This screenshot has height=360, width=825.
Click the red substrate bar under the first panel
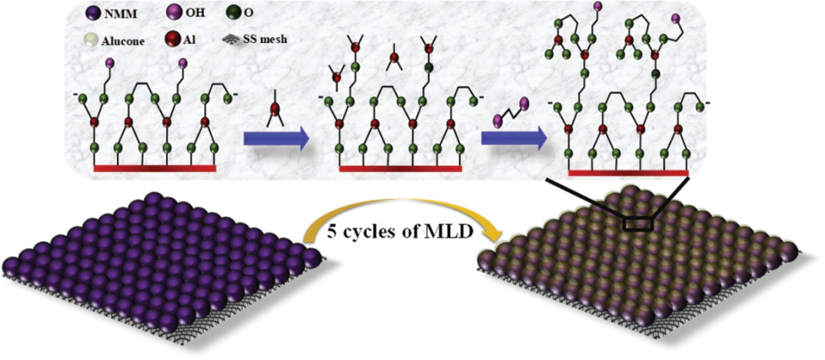[x=157, y=167]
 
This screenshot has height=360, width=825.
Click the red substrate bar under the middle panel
[x=400, y=167]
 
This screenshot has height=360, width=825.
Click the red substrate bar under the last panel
[x=629, y=173]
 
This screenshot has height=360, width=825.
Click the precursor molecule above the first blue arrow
[x=274, y=112]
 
